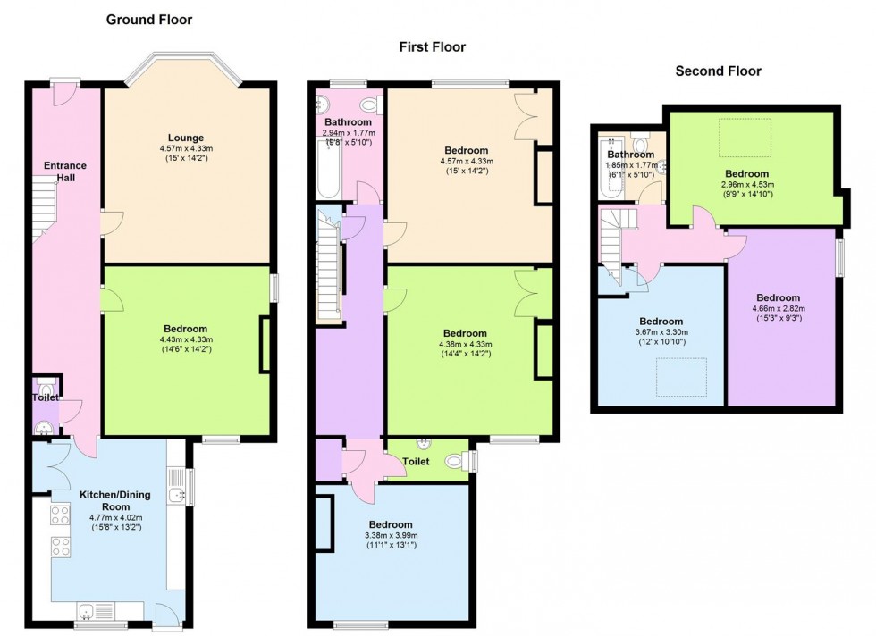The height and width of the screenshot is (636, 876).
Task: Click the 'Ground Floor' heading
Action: (x=149, y=21)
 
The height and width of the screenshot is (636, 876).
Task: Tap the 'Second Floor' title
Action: (x=718, y=71)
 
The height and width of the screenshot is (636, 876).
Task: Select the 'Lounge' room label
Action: (x=186, y=138)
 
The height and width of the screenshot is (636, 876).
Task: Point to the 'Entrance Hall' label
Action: (x=64, y=172)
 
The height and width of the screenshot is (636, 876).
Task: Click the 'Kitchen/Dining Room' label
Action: (x=115, y=500)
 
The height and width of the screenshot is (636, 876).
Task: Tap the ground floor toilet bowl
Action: (x=45, y=385)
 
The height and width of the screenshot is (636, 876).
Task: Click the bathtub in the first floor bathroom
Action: (x=328, y=169)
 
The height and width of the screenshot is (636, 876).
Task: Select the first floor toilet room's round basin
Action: (x=425, y=443)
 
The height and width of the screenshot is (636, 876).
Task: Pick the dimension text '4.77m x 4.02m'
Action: (x=115, y=517)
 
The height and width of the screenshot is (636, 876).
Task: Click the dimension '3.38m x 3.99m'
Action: (x=391, y=535)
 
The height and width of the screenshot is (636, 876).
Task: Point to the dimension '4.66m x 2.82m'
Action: (x=779, y=308)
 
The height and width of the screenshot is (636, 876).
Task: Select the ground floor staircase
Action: (x=44, y=209)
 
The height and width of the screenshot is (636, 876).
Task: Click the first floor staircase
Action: (x=329, y=263)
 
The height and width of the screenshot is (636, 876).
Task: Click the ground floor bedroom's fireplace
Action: (x=265, y=345)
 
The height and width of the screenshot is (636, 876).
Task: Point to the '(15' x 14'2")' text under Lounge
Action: (x=186, y=159)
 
